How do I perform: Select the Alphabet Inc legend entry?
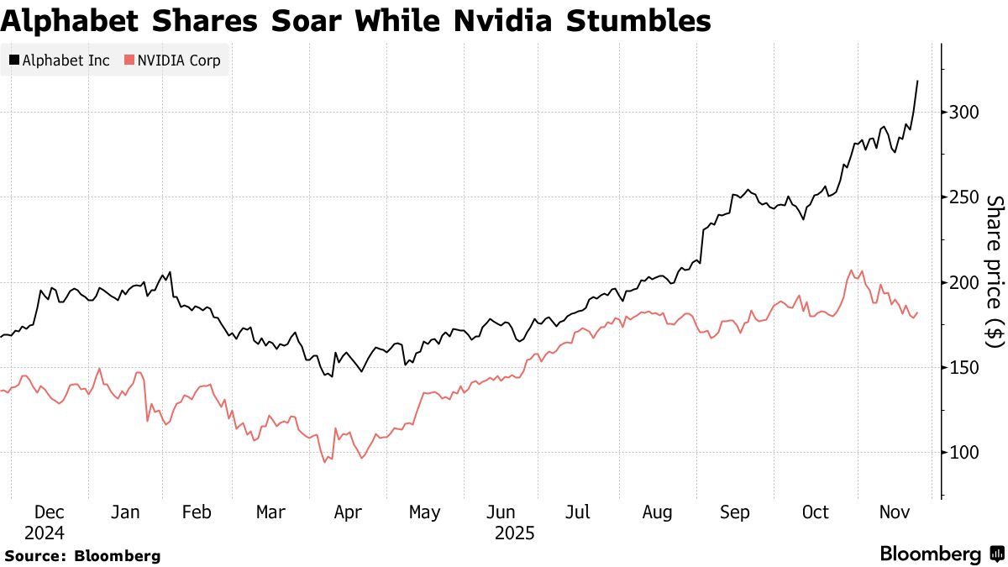tap(60, 60)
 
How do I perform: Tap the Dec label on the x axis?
tap(50, 512)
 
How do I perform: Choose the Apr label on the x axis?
tap(349, 512)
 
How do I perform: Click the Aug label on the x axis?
tap(658, 512)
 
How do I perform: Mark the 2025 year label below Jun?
tap(513, 533)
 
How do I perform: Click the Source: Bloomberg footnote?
tap(81, 555)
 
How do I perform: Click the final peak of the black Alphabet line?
tap(917, 81)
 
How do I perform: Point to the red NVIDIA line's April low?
tap(324, 462)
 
